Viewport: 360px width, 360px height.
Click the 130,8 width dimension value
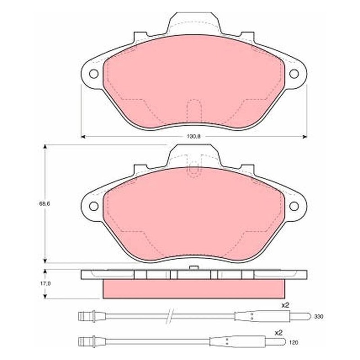(x=193, y=136)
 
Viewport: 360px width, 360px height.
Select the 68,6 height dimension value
(x=44, y=203)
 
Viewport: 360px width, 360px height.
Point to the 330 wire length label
(x=319, y=317)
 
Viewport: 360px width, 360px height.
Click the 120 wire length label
(x=294, y=342)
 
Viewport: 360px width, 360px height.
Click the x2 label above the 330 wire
(x=285, y=305)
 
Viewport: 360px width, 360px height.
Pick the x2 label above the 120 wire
(x=279, y=333)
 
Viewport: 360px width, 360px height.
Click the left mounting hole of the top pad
(x=94, y=74)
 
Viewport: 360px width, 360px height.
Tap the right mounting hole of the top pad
(x=294, y=74)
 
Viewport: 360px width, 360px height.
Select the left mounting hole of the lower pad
(x=94, y=206)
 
